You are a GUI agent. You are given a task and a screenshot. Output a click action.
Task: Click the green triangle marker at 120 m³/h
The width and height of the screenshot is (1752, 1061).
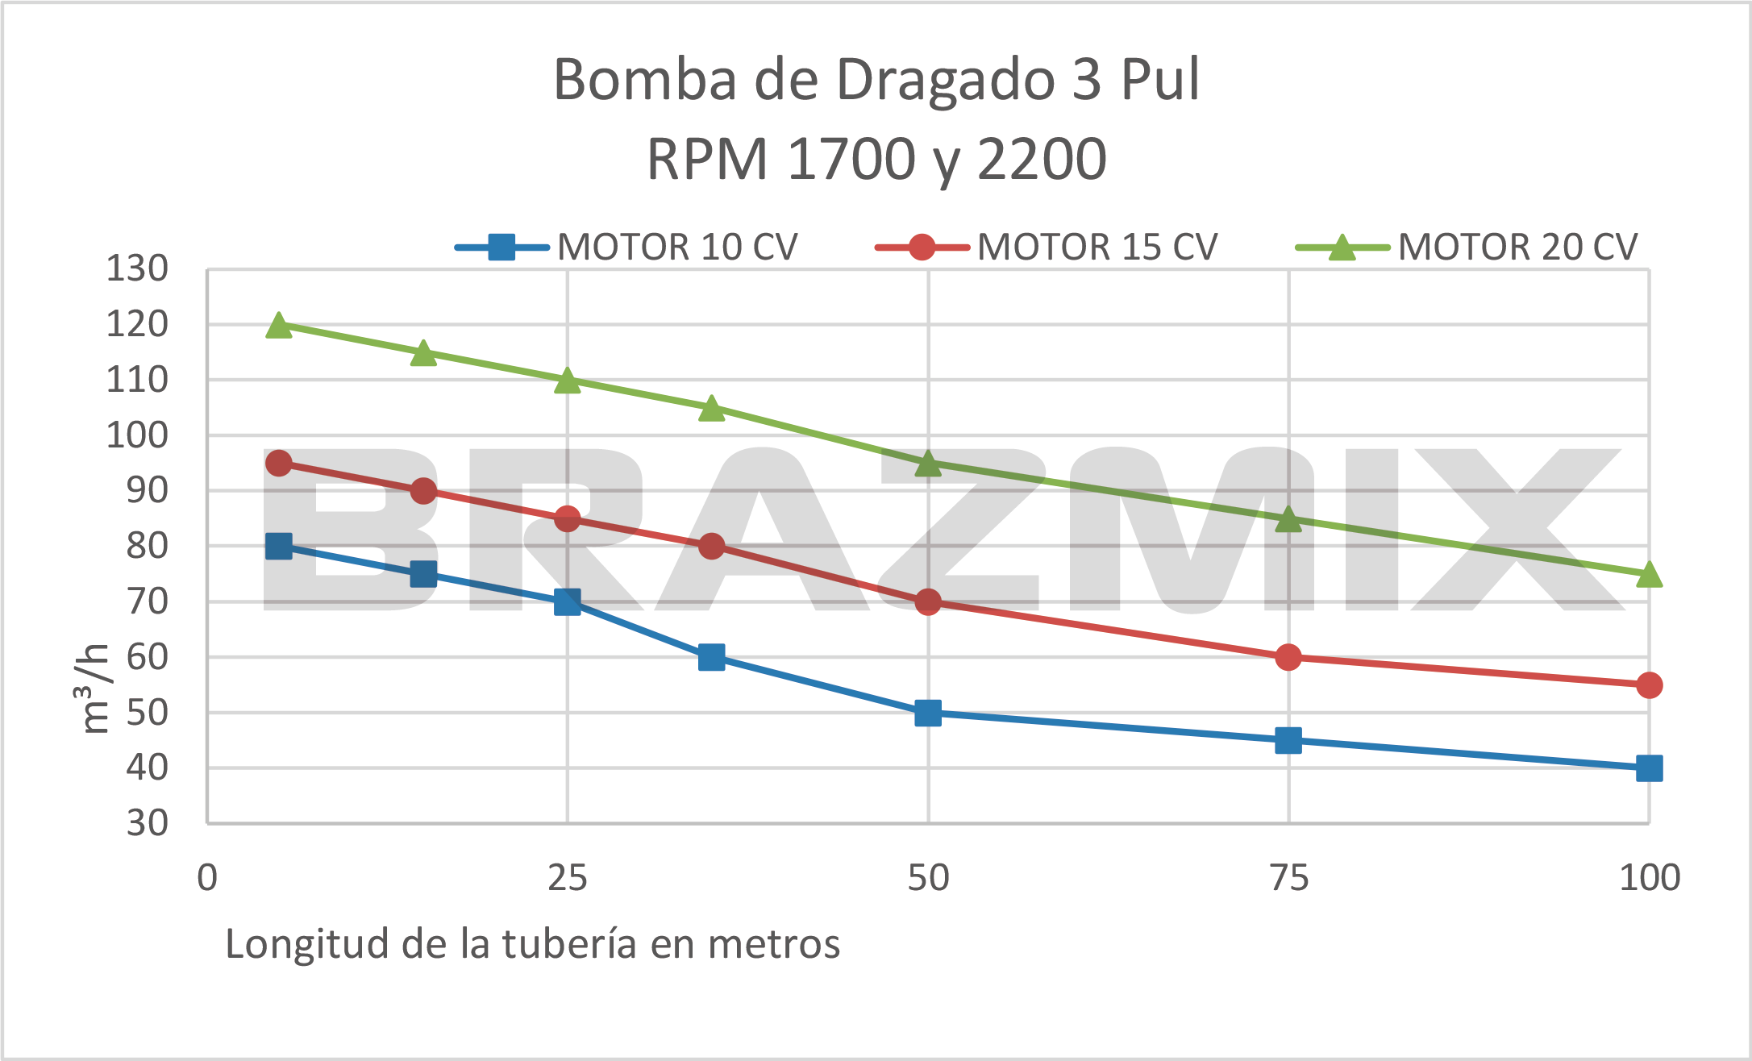(x=278, y=326)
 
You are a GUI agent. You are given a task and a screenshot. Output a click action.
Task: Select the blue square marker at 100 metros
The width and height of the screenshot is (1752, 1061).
(x=1649, y=768)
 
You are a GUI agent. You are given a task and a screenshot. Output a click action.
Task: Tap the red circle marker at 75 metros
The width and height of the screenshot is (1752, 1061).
(x=1288, y=657)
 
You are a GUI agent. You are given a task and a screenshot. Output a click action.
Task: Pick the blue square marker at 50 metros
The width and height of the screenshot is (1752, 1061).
(x=928, y=713)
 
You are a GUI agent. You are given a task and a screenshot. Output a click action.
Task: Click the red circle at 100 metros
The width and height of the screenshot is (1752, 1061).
(x=1649, y=685)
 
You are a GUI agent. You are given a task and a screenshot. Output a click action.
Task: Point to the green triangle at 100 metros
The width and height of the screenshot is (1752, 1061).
(x=1649, y=575)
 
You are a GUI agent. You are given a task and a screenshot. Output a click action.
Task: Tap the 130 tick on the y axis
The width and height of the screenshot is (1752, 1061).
(x=137, y=268)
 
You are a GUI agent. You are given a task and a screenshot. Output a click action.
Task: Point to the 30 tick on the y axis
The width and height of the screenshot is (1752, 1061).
(x=147, y=823)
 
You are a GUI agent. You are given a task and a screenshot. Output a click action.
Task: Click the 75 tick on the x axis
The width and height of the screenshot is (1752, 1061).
(x=1288, y=877)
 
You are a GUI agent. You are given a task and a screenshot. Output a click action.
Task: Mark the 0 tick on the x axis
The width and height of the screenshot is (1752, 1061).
(x=207, y=877)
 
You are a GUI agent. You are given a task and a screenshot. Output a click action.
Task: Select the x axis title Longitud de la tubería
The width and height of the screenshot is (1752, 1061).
(x=532, y=943)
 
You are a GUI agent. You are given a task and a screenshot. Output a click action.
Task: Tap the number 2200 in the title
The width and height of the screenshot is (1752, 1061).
(x=1042, y=159)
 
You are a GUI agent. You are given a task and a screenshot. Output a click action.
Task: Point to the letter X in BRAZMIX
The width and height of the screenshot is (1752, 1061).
(x=1516, y=528)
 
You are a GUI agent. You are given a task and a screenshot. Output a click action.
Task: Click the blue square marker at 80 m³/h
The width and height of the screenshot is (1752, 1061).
(x=278, y=546)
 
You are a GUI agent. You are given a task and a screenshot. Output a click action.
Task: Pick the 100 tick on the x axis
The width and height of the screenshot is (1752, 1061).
(x=1649, y=877)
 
